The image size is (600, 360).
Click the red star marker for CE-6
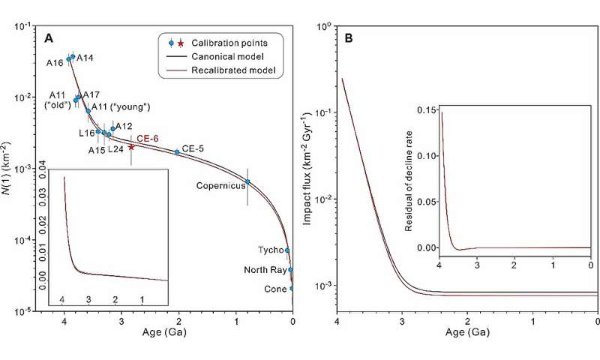tap(131, 147)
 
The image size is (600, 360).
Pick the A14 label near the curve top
tap(85, 58)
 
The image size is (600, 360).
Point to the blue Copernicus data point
tap(247, 181)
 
